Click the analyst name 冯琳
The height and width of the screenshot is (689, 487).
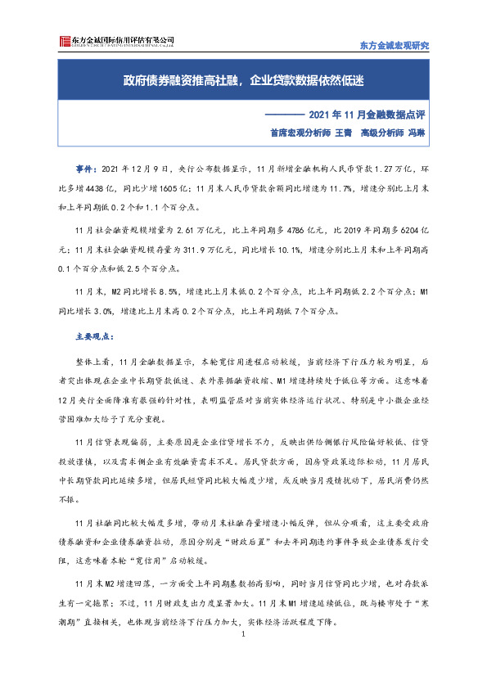coord(417,132)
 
